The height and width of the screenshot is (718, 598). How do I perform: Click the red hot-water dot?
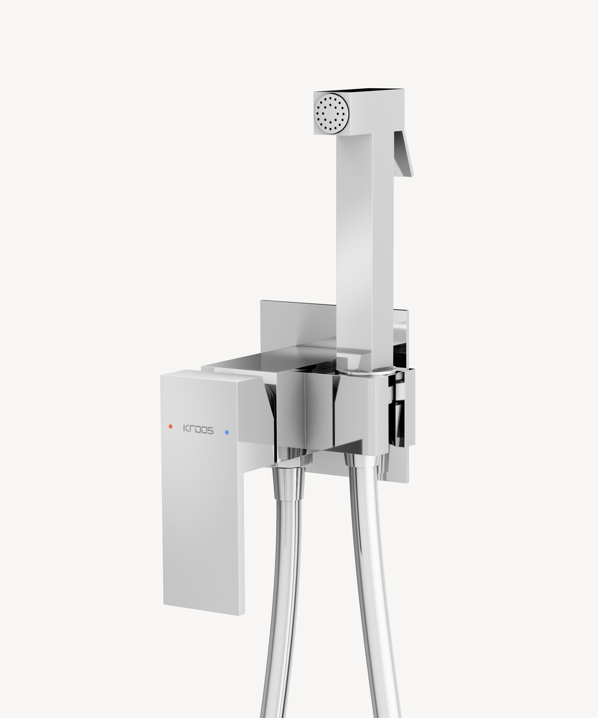pos(170,426)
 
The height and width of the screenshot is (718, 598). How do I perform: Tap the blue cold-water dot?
pos(227,433)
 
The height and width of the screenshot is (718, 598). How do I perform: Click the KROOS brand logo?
pos(199,429)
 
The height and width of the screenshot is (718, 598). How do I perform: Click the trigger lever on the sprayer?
pos(403,154)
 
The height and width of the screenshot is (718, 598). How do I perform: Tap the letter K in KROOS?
pos(186,428)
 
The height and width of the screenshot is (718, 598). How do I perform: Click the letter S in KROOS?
pos(210,431)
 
